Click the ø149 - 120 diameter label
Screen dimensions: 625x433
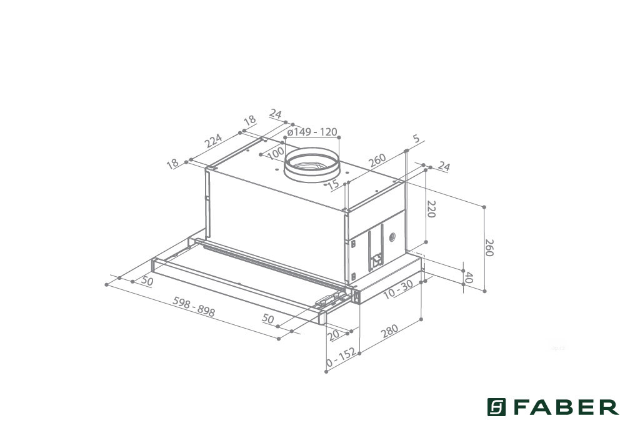coord(312,131)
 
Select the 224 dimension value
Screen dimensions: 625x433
coord(213,141)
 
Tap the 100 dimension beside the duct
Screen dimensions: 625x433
coord(276,152)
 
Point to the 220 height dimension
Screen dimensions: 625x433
coord(431,209)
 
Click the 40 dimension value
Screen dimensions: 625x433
coord(469,277)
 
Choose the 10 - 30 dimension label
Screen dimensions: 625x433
coord(397,289)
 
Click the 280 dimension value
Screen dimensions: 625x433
coord(390,331)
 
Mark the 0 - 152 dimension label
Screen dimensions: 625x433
coord(341,357)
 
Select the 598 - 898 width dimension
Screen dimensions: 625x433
coord(194,306)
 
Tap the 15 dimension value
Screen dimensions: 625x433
coord(333,184)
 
